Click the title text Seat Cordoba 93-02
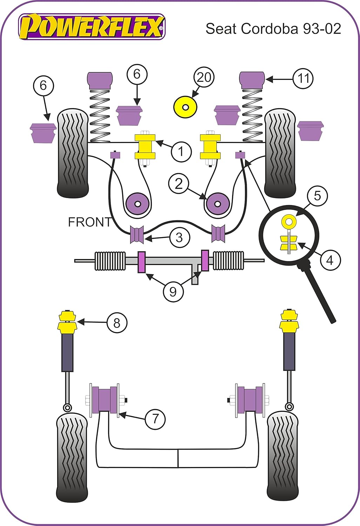pyautogui.click(x=273, y=28)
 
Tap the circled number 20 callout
pyautogui.click(x=204, y=77)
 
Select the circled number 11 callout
pyautogui.click(x=303, y=79)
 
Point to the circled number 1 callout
pyautogui.click(x=181, y=151)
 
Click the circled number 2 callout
pyautogui.click(x=179, y=184)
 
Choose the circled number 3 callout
pyautogui.click(x=179, y=237)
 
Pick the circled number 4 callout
pyautogui.click(x=330, y=260)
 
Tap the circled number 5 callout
pyautogui.click(x=317, y=196)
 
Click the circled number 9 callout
pyautogui.click(x=173, y=291)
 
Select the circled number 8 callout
pyautogui.click(x=117, y=322)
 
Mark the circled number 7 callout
pyautogui.click(x=155, y=418)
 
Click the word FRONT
pyautogui.click(x=90, y=222)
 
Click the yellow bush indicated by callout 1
pyautogui.click(x=145, y=147)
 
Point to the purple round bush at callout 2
pyautogui.click(x=218, y=203)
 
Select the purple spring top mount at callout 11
pyautogui.click(x=252, y=80)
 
